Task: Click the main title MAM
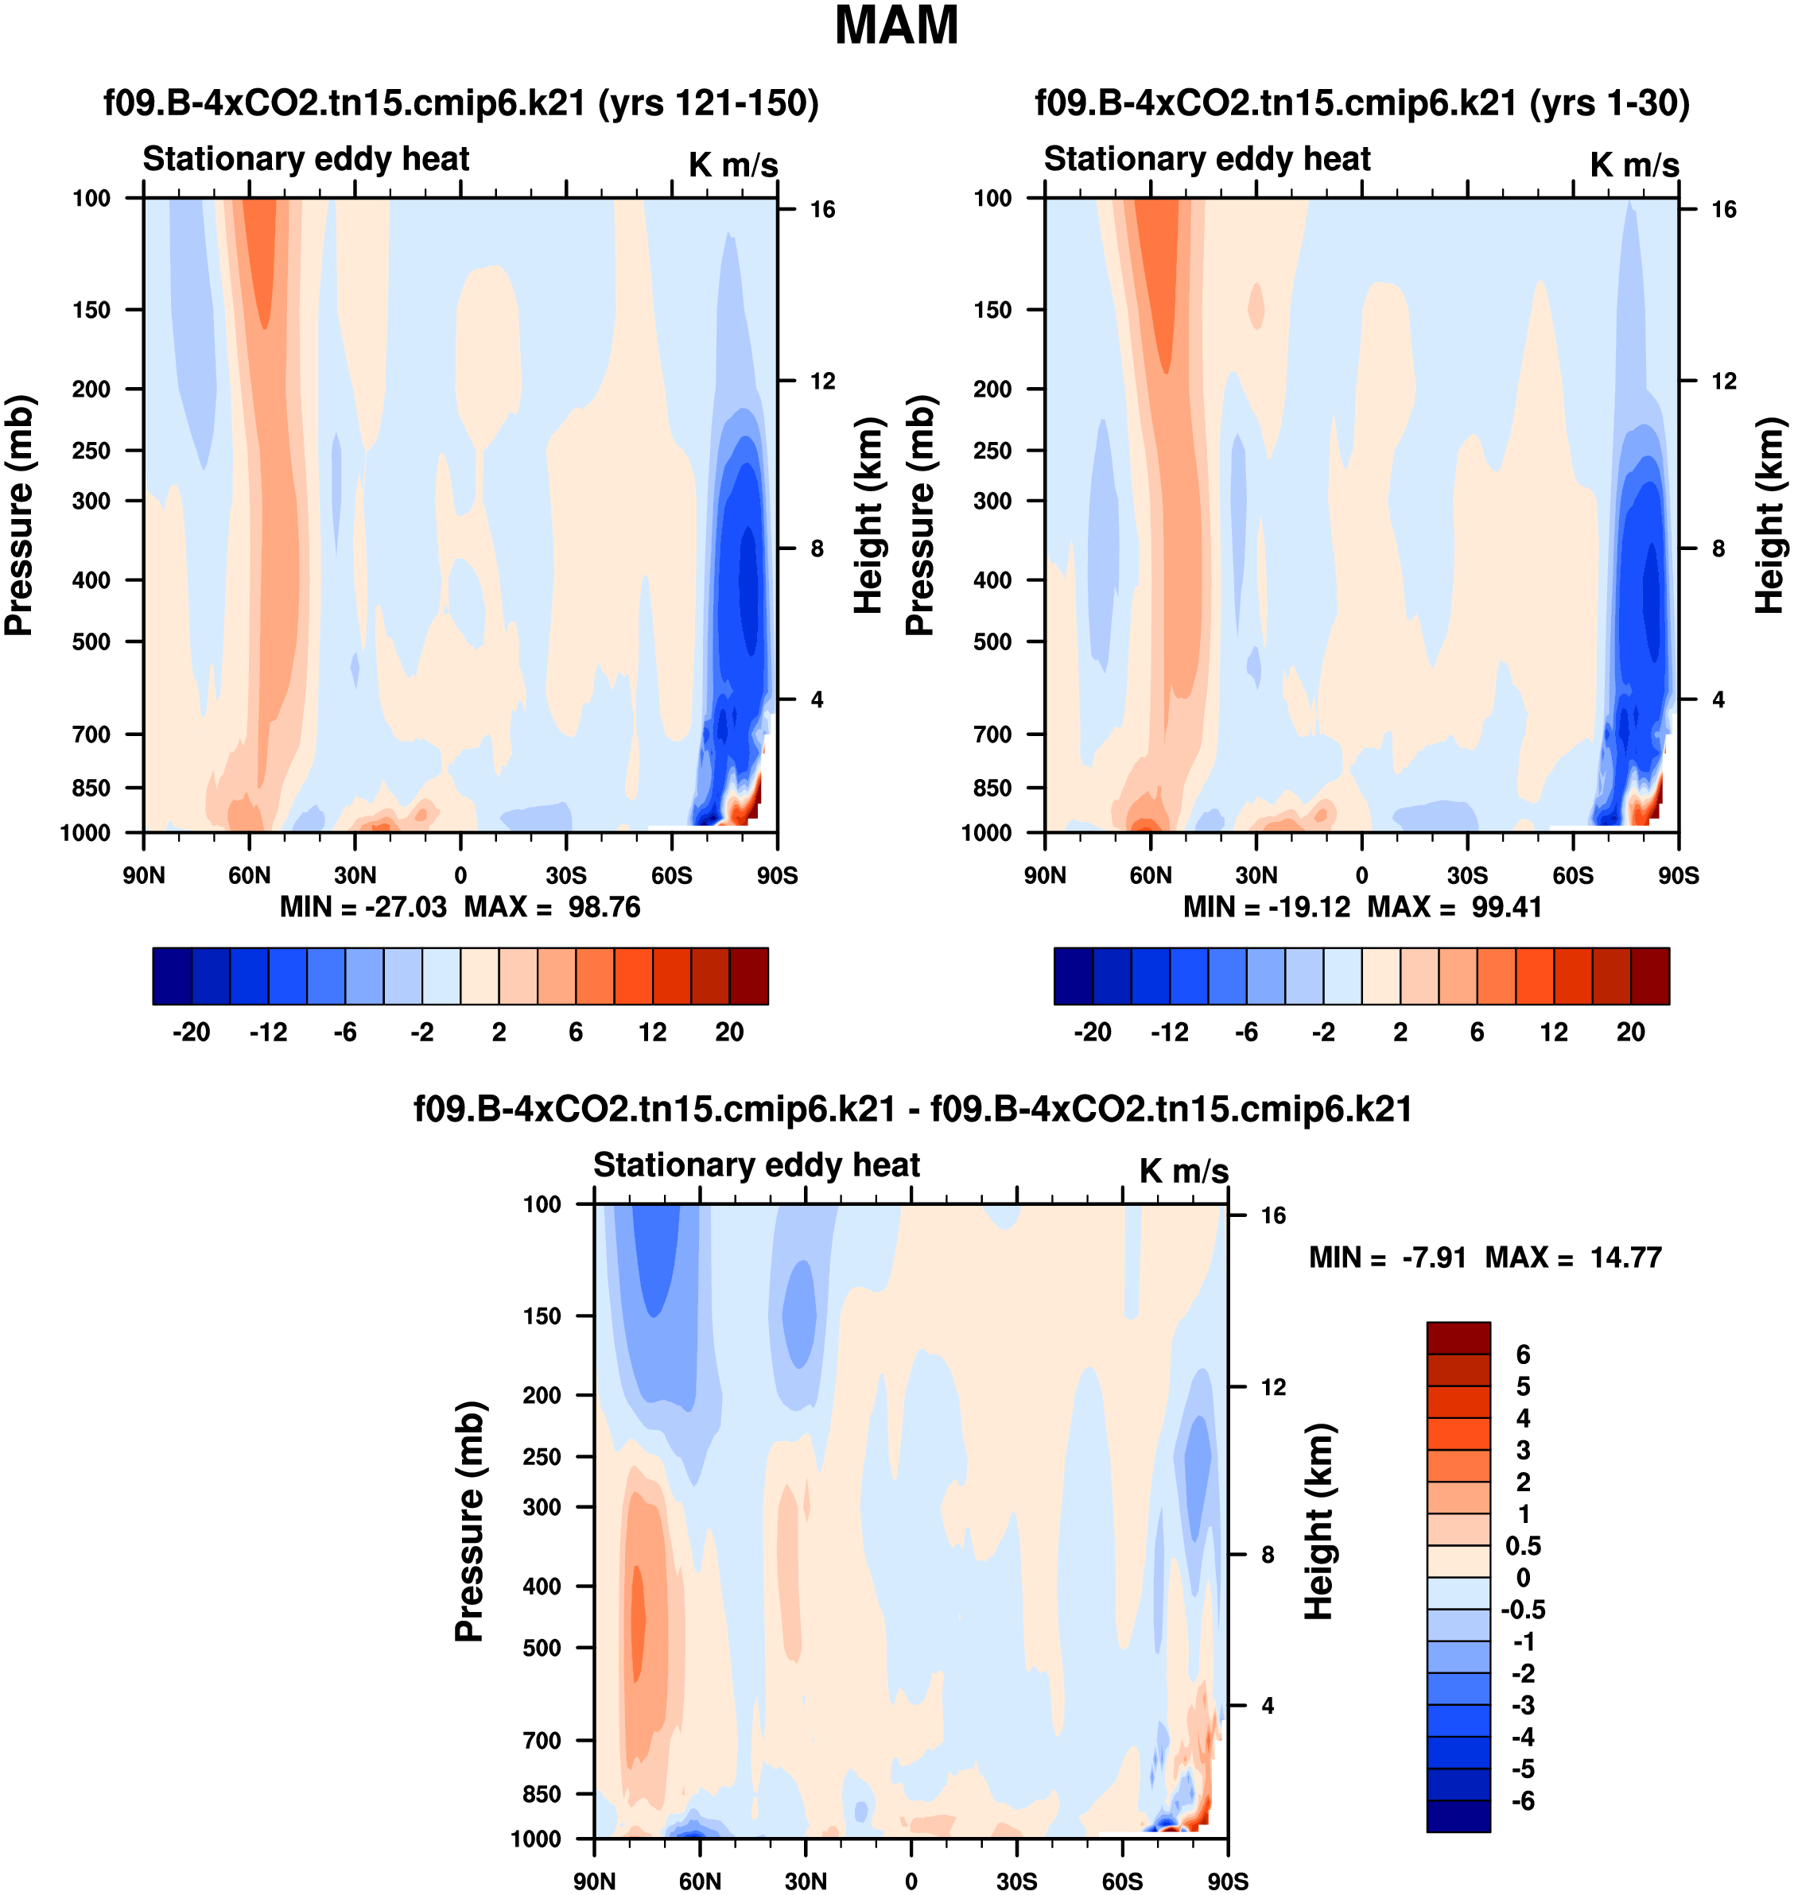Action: tap(896, 25)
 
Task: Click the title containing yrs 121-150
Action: tap(461, 103)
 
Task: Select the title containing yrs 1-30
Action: tap(1361, 103)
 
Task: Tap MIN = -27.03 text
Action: tap(363, 907)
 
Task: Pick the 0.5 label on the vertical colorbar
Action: tap(1522, 1546)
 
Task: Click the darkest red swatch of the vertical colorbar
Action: tap(1458, 1338)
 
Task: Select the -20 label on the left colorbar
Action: tap(192, 1033)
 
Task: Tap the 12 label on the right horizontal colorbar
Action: tap(1554, 1033)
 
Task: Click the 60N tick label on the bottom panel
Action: tap(700, 1881)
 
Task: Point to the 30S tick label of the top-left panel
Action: tap(566, 876)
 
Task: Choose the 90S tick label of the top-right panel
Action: tap(1678, 876)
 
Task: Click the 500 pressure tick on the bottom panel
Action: tap(542, 1647)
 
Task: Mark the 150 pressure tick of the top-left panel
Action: tap(91, 310)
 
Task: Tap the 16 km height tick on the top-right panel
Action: tap(1723, 209)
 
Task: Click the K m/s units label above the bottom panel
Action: tap(1183, 1171)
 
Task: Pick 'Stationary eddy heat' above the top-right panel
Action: tap(1207, 159)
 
